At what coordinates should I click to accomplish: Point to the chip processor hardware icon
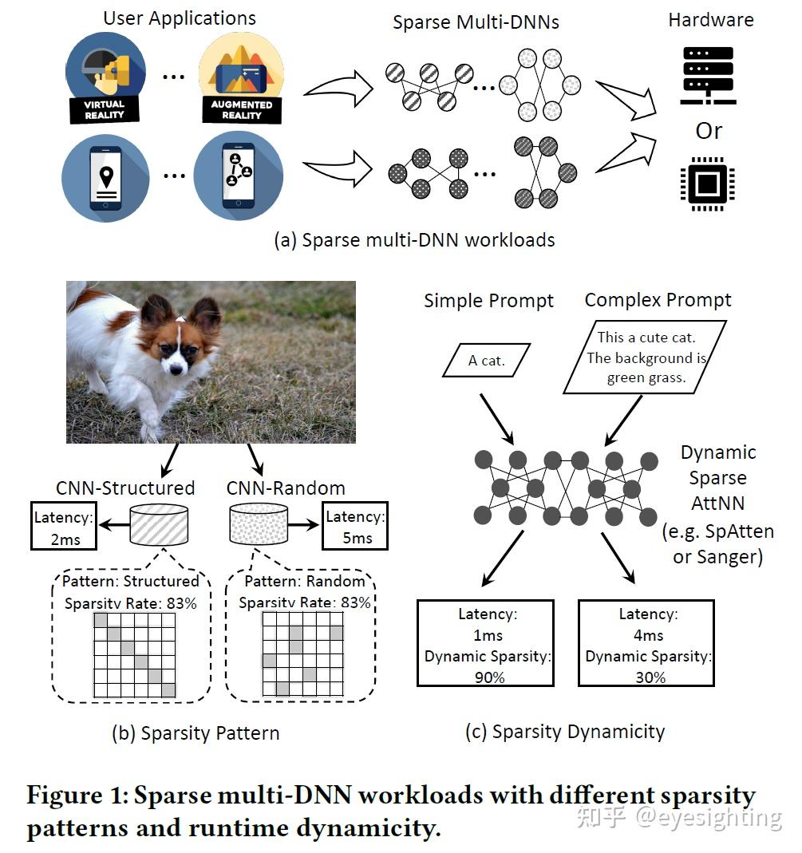[706, 183]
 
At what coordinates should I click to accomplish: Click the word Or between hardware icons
[709, 131]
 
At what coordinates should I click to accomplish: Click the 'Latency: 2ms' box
[63, 526]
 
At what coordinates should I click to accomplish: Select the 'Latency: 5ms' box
[355, 526]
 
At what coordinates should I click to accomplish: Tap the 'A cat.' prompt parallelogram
[486, 361]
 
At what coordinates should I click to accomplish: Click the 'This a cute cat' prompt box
[646, 357]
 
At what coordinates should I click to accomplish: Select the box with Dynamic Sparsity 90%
[486, 643]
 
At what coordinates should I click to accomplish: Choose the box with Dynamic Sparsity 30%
[646, 643]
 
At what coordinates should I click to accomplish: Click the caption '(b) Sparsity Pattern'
[196, 733]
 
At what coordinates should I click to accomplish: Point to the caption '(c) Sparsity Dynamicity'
[565, 731]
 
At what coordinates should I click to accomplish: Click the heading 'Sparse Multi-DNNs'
[476, 22]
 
